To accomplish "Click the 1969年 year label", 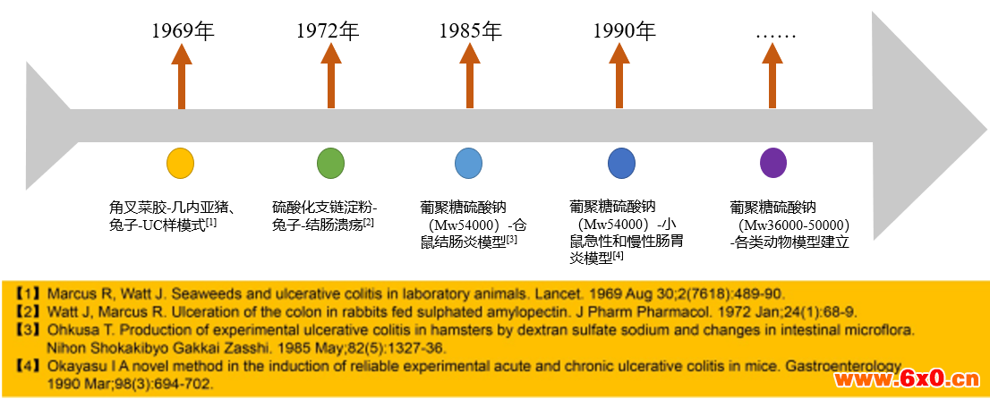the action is tap(183, 30).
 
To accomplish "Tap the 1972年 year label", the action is tap(328, 30).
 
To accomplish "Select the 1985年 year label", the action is tap(470, 30).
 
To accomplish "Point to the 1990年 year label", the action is tap(625, 30).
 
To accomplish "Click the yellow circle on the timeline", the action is tap(181, 164).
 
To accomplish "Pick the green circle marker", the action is tap(331, 164).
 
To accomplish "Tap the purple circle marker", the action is tap(773, 164).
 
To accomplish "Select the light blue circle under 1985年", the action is tap(468, 164).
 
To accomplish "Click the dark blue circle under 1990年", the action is tap(622, 164).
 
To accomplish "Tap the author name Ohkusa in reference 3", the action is tap(67, 330).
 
